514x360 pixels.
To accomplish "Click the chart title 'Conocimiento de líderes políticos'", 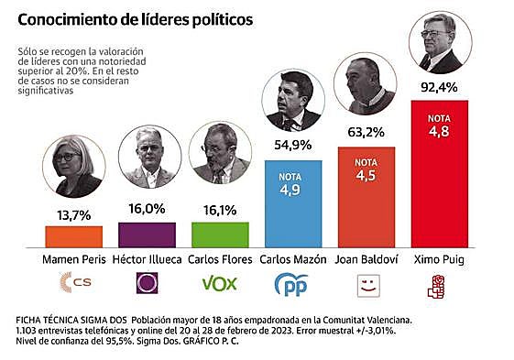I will point(137,18).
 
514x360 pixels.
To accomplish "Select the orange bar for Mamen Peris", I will point(74,236).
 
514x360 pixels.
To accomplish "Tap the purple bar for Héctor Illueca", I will point(147,234).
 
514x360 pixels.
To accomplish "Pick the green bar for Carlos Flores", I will point(220,235).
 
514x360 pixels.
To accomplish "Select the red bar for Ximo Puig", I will point(439,174).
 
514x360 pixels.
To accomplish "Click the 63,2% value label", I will point(366,133).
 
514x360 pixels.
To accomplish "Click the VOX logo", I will point(220,283).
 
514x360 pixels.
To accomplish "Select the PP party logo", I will point(292,284).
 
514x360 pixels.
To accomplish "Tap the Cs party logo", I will point(73,283).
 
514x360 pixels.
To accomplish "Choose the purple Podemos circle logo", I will point(147,283).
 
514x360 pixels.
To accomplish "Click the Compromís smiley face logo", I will point(366,284).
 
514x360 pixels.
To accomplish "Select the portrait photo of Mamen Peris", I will point(74,168).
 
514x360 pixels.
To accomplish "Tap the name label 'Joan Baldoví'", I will point(366,259).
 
